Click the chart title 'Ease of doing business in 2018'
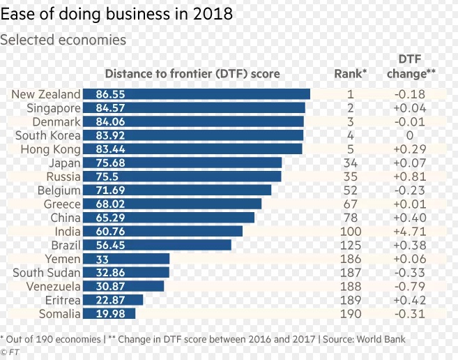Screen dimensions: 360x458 (116, 13)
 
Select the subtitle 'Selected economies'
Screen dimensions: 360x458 (63, 40)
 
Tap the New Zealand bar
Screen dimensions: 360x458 (196, 94)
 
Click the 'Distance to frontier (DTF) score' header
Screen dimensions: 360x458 (192, 74)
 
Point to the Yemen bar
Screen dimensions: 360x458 (126, 259)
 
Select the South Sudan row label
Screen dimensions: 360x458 (47, 273)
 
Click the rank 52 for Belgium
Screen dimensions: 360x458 (350, 190)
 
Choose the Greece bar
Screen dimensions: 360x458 (172, 204)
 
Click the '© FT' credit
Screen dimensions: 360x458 (10, 352)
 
